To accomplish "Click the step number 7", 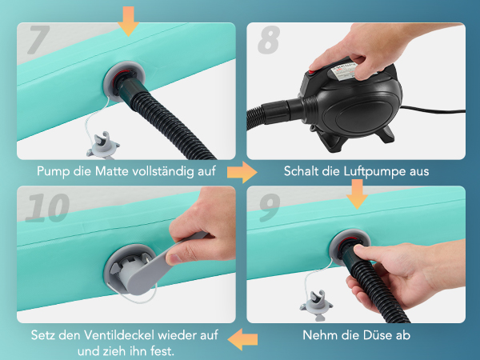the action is [x=39, y=40].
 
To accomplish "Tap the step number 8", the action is [x=269, y=40].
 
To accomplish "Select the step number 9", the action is [x=270, y=207].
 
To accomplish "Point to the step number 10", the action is [x=47, y=207].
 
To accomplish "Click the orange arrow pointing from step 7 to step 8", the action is [x=242, y=172].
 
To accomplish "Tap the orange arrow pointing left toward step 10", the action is [x=242, y=339].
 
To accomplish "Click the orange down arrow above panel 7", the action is [x=128, y=21].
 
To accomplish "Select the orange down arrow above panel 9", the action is [x=357, y=194].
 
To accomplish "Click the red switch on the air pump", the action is [x=313, y=73].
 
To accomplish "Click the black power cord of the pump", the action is [x=432, y=110].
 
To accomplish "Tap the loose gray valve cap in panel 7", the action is [x=103, y=146].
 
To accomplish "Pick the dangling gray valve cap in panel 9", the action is [x=316, y=306].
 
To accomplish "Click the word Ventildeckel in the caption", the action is [x=118, y=335].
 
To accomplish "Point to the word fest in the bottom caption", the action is [x=162, y=350].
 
